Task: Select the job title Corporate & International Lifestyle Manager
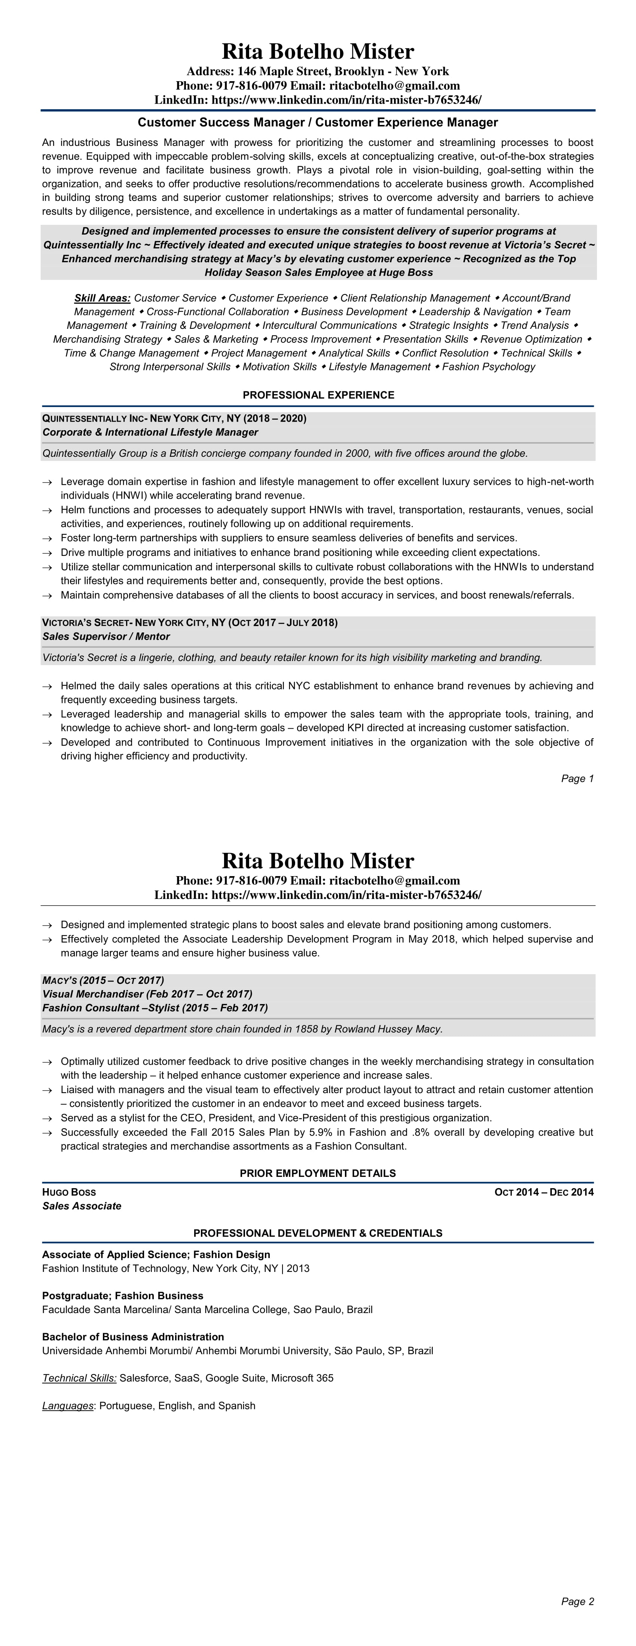150,432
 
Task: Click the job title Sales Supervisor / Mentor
106,636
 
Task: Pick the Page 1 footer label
577,778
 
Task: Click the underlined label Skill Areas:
102,298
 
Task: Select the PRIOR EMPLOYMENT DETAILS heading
318,1173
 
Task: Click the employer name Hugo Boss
69,1192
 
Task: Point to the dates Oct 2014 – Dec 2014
544,1192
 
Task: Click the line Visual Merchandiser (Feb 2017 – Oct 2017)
147,994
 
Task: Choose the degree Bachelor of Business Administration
133,1337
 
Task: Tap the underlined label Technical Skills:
79,1378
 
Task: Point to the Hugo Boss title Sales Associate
82,1206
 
